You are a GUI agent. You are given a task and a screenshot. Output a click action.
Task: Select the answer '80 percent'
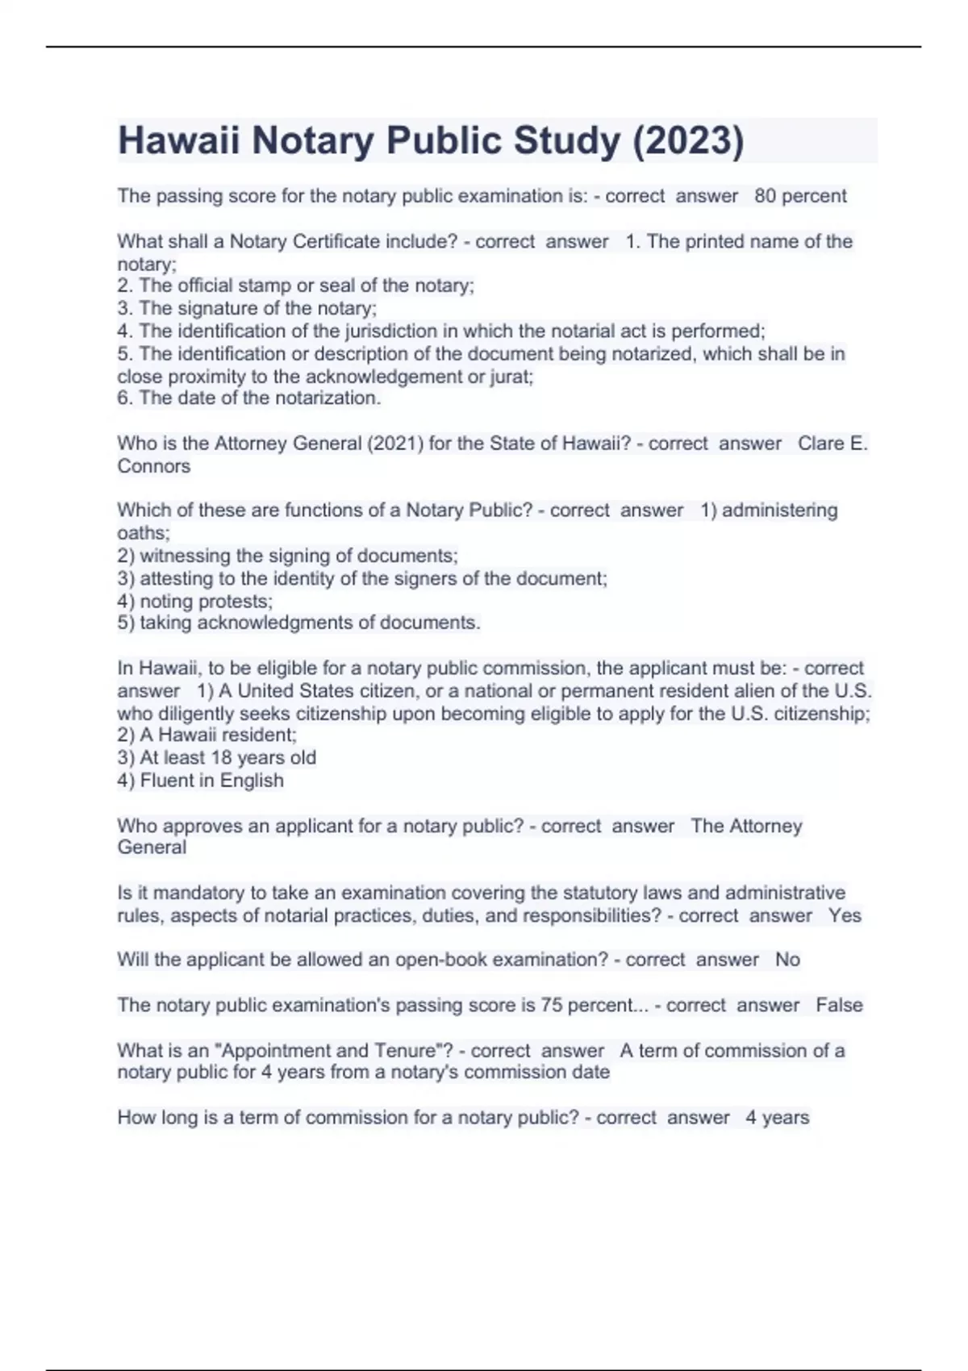point(800,196)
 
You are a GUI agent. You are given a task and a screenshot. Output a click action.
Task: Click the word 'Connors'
point(153,466)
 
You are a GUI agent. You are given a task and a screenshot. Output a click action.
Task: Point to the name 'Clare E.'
point(832,444)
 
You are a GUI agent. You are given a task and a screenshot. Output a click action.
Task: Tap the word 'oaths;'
point(144,533)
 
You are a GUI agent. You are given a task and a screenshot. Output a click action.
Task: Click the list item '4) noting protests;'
point(194,601)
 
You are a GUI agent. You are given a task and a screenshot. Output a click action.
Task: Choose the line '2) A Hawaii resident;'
point(207,735)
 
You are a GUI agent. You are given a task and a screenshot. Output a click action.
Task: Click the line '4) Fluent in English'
point(200,780)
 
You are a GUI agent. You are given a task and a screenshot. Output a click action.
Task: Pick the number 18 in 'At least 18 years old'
point(221,757)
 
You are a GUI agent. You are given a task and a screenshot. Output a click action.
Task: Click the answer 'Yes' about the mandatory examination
point(845,915)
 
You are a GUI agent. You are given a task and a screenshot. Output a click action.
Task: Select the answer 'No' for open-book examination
point(787,960)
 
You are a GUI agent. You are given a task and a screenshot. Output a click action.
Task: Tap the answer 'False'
point(839,1005)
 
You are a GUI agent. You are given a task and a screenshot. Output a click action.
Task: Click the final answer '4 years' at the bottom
point(777,1118)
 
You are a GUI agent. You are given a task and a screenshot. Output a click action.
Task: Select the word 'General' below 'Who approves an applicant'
point(152,847)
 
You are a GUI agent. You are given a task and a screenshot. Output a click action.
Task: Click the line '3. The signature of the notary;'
point(247,308)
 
